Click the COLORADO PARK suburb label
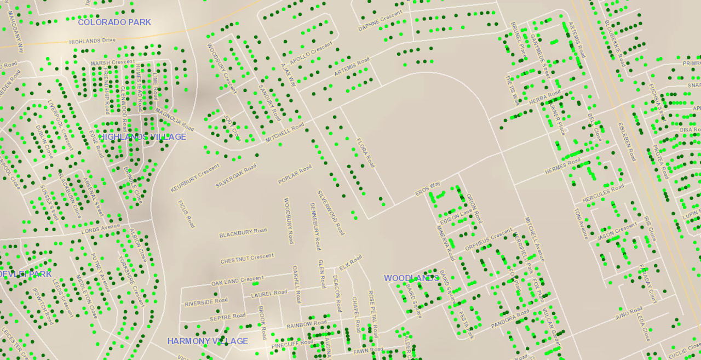[x=114, y=22]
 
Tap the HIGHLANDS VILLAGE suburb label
[x=142, y=137]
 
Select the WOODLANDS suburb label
[x=411, y=278]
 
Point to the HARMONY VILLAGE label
[x=208, y=341]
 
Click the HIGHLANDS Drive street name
[x=93, y=41]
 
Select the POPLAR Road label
[x=295, y=174]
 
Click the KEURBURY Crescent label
[x=195, y=178]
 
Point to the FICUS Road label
[x=186, y=214]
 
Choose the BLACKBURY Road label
[x=243, y=233]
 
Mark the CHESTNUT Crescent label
[x=247, y=258]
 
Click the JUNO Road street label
[x=628, y=313]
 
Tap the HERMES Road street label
[x=562, y=167]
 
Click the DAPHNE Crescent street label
[x=380, y=21]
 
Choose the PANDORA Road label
[x=510, y=319]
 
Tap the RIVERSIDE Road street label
[x=206, y=302]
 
